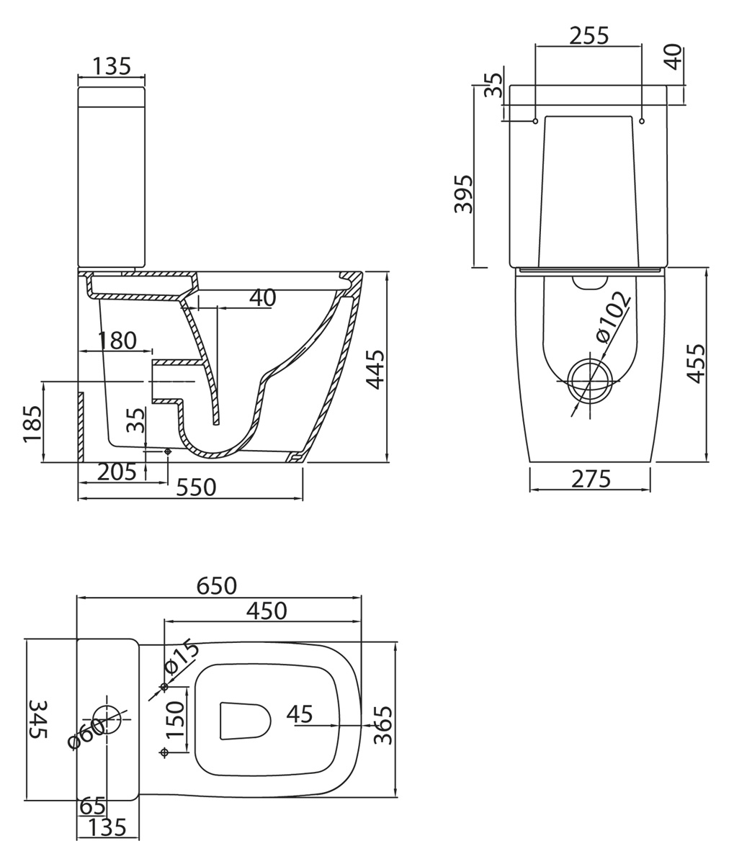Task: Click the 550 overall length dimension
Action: click(x=196, y=487)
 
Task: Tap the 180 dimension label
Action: click(x=117, y=340)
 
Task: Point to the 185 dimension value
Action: click(x=32, y=423)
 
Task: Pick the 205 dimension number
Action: click(x=116, y=472)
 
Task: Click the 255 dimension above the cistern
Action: click(x=589, y=35)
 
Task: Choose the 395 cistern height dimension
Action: click(x=463, y=194)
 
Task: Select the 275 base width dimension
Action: click(x=591, y=479)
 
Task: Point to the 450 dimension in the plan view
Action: click(x=266, y=611)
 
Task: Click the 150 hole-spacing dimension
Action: click(x=176, y=719)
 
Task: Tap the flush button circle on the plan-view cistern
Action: click(x=107, y=719)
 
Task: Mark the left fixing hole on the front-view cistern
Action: click(x=535, y=121)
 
